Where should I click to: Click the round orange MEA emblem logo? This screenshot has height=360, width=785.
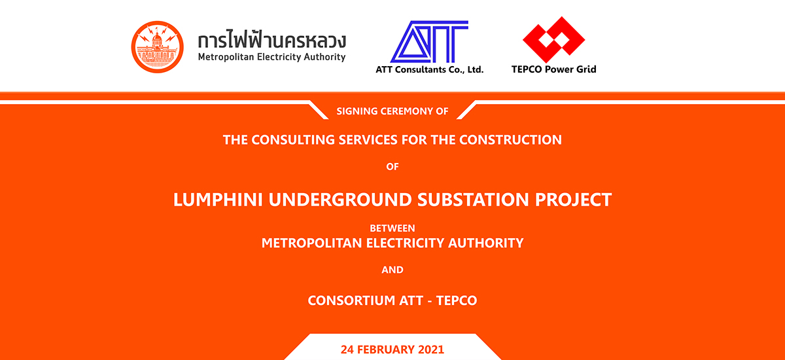coord(158,47)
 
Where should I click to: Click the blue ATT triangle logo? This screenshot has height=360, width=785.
coord(429,42)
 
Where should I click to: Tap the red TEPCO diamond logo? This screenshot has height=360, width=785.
coord(553,40)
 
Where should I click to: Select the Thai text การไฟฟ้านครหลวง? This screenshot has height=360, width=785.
coord(272,40)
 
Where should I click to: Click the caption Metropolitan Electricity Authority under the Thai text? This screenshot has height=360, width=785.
coord(272,57)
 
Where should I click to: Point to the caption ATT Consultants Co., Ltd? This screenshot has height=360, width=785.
coord(430,69)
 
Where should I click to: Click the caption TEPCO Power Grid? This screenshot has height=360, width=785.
coord(553,69)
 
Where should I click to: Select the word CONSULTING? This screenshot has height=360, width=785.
coord(293,140)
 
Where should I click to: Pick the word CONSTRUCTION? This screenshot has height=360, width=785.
coord(510,140)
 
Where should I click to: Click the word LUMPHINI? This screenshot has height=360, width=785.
coord(218,200)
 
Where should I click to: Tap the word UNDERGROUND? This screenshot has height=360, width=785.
coord(340,200)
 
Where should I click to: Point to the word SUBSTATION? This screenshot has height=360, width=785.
coord(473,200)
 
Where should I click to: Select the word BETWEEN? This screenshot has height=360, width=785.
coord(392,228)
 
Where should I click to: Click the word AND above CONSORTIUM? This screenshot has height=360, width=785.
coord(392,270)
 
